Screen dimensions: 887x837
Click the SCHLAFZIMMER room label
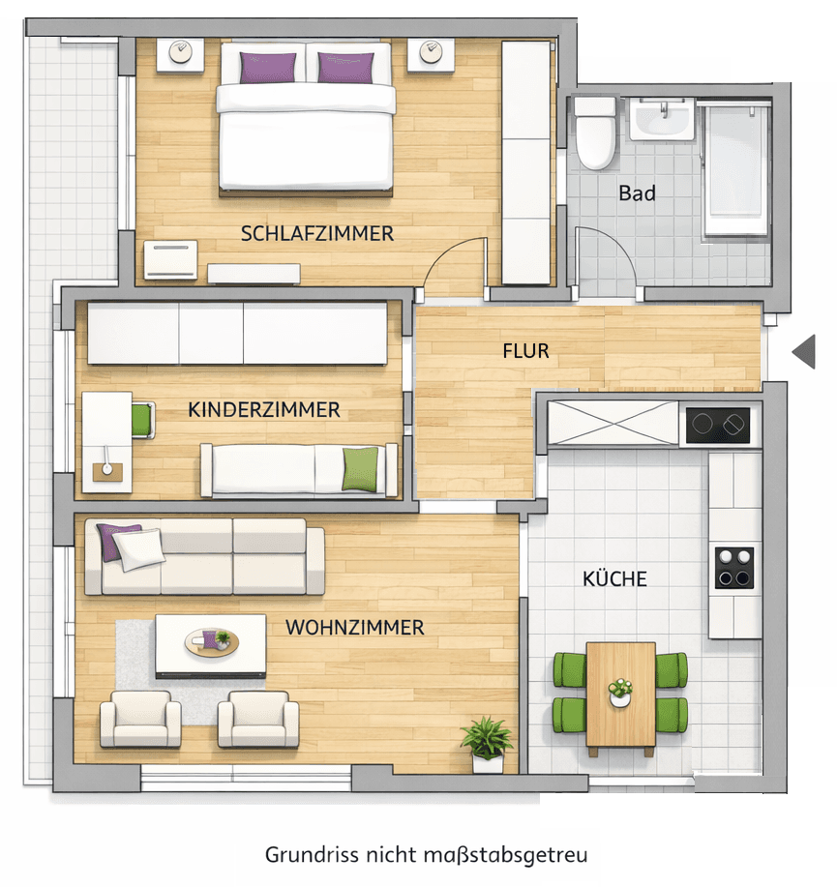[317, 233]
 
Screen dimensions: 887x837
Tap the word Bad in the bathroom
[637, 193]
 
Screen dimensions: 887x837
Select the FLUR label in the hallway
[525, 350]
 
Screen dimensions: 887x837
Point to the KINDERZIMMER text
[264, 410]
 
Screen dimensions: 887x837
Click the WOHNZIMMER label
[354, 628]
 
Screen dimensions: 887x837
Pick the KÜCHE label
[614, 579]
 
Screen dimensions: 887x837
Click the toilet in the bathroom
[594, 132]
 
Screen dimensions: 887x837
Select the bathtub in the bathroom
[736, 169]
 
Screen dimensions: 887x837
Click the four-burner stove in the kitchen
[734, 568]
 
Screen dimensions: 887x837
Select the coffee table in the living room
[211, 644]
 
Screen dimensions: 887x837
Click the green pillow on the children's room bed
[360, 469]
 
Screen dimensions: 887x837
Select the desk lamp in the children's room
[105, 466]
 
